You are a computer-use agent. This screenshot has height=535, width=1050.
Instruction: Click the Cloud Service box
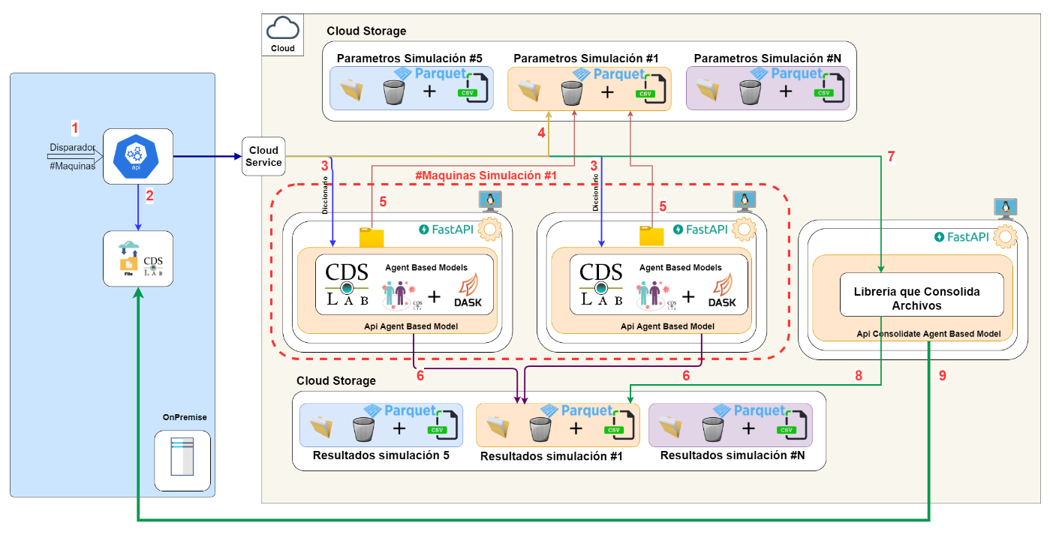point(263,157)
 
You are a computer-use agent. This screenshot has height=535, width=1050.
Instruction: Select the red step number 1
point(74,128)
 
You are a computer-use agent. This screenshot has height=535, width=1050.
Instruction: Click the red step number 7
point(891,157)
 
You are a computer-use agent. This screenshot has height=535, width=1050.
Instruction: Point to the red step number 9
point(943,376)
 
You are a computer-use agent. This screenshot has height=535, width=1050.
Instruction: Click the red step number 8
point(859,376)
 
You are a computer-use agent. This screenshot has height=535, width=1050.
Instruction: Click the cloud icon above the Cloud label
point(282,29)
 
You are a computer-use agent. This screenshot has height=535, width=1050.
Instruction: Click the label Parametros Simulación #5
point(409,58)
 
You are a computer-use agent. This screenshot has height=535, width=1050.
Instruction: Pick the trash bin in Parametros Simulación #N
point(748,92)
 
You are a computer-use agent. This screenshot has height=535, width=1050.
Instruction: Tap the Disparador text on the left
point(72,147)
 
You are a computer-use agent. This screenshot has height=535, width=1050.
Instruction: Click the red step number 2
point(149,197)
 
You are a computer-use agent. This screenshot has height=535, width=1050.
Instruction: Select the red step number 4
point(541,133)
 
